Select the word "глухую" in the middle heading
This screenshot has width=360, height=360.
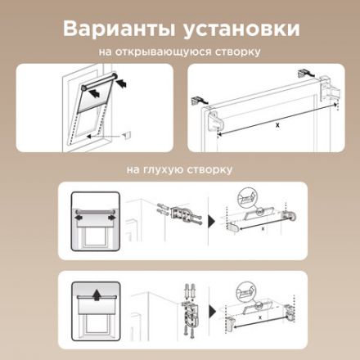coord(167,170)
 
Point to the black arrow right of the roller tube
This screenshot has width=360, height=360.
coord(123,83)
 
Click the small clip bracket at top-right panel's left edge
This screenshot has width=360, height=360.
coord(197,100)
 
